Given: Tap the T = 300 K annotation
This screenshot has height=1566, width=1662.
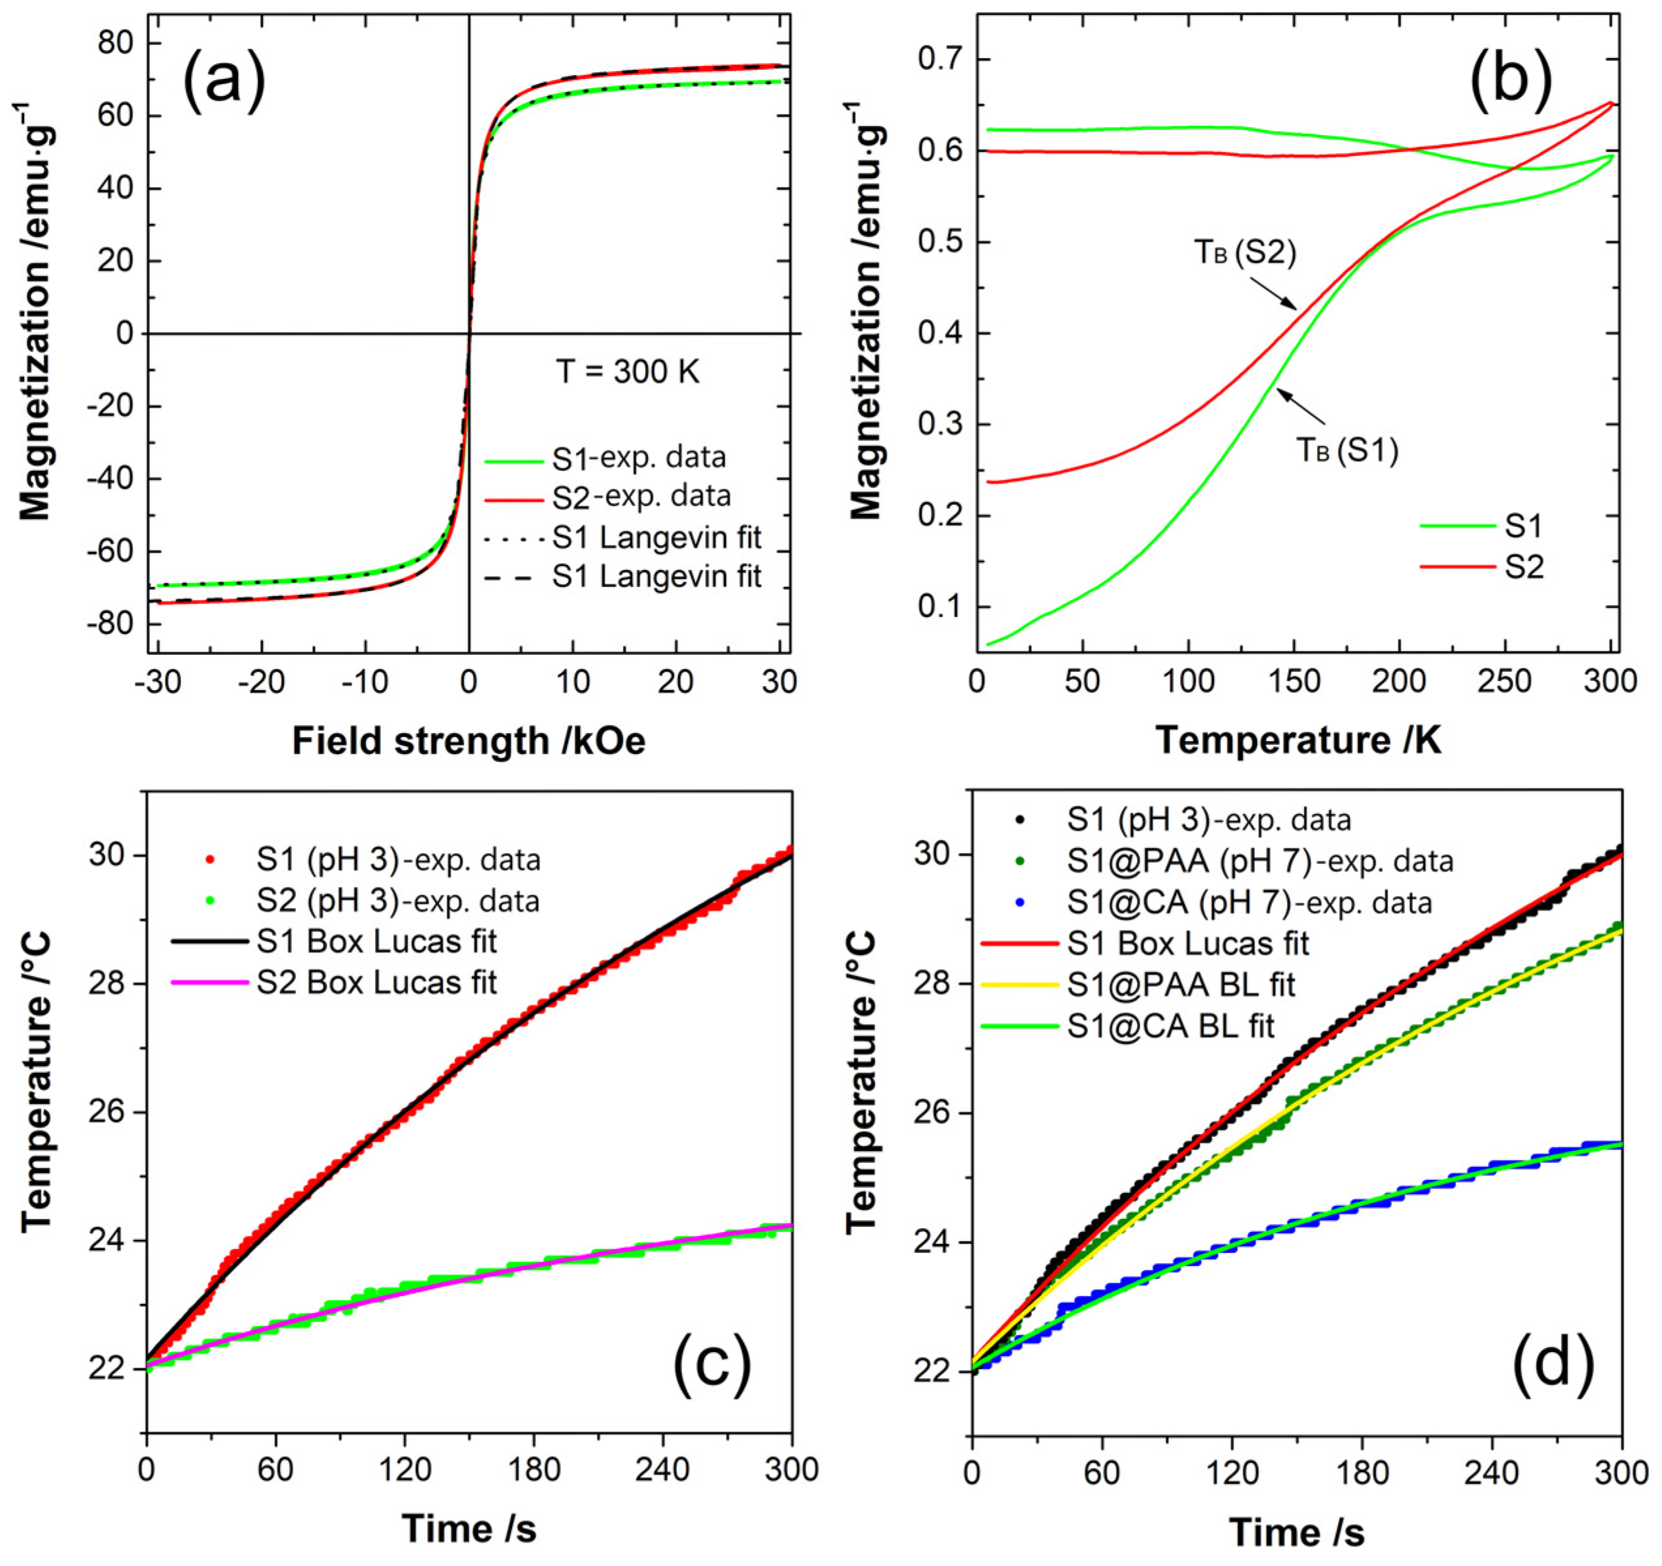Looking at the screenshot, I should [x=627, y=372].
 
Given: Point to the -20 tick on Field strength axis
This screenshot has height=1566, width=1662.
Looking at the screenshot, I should [x=262, y=682].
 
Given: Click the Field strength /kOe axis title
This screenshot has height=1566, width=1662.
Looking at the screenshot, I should [x=469, y=741].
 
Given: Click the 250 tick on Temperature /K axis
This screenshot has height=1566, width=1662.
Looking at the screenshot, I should [x=1504, y=682].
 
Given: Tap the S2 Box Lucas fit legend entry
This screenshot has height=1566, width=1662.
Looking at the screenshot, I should [x=376, y=982].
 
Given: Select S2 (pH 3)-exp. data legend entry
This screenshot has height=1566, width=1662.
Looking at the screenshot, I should [x=398, y=901].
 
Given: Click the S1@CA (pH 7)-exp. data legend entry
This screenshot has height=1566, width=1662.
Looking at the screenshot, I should [x=1249, y=903].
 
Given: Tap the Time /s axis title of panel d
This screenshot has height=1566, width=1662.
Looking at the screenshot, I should [x=1297, y=1533].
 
